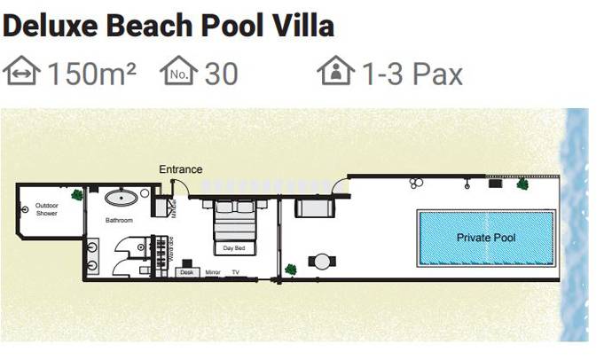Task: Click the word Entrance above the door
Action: coord(180,169)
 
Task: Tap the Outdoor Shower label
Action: coord(47,209)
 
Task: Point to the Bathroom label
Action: coord(119,220)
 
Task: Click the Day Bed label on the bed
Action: coord(233,248)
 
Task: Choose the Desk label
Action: coord(186,272)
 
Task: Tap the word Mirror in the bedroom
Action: coord(213,272)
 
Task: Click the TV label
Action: coord(236,272)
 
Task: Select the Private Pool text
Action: coord(486,238)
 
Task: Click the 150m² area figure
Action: coord(91,74)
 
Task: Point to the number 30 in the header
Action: coord(221,74)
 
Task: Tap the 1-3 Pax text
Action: coord(412,74)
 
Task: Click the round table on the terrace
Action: coord(322,261)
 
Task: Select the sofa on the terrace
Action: coord(312,209)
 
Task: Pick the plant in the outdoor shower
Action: coord(77,194)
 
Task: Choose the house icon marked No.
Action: coord(178,72)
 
